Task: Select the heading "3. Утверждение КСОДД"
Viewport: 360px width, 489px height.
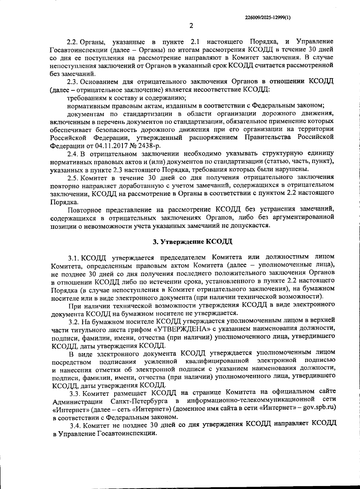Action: [x=193, y=241]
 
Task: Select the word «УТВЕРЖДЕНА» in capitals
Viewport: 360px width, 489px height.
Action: [x=183, y=329]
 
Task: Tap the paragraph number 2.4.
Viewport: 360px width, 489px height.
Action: [x=73, y=154]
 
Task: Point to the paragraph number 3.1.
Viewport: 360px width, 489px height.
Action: [x=74, y=258]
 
